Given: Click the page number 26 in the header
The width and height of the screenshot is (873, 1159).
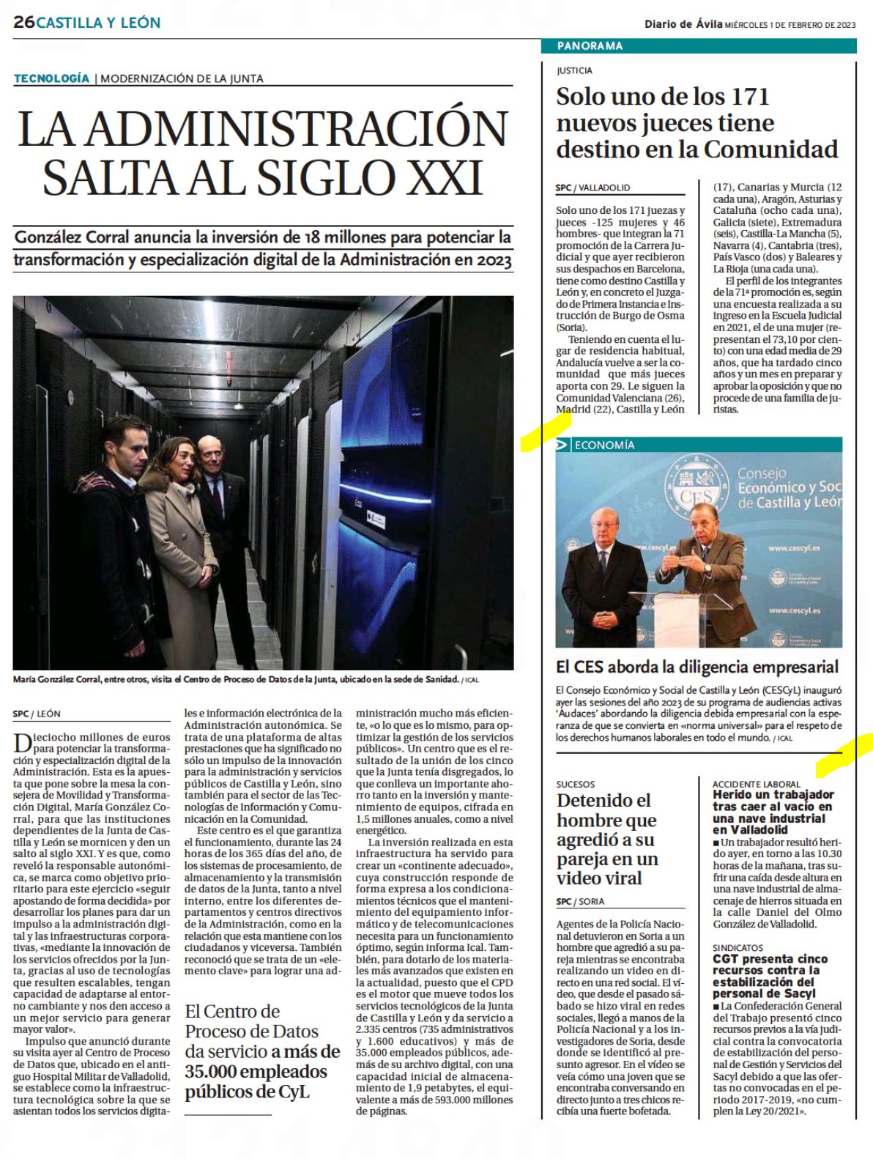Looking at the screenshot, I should click(x=23, y=23).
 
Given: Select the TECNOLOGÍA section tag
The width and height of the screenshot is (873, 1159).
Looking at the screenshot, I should click(x=51, y=78).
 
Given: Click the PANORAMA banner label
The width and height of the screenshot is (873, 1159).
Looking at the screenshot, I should click(x=590, y=46).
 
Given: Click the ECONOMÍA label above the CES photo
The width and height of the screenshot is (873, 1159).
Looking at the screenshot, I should click(x=604, y=445).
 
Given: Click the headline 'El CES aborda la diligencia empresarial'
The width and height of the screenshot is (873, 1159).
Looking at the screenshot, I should click(x=696, y=667).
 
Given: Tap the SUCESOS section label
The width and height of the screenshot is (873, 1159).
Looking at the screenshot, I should click(x=575, y=784).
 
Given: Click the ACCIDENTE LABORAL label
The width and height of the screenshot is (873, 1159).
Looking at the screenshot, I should click(x=756, y=784).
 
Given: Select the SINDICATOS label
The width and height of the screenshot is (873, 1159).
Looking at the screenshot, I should click(x=738, y=947).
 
